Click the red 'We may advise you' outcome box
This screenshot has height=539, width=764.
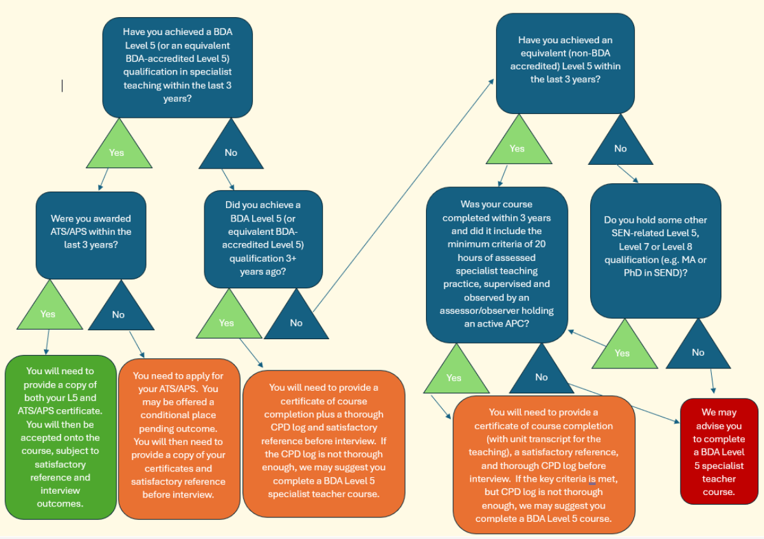(719, 451)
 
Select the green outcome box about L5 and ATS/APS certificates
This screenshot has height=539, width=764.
(60, 437)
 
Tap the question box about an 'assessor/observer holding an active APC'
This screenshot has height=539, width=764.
(497, 264)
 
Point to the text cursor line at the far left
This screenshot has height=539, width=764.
(62, 85)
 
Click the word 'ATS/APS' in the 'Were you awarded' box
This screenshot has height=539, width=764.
(72, 232)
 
